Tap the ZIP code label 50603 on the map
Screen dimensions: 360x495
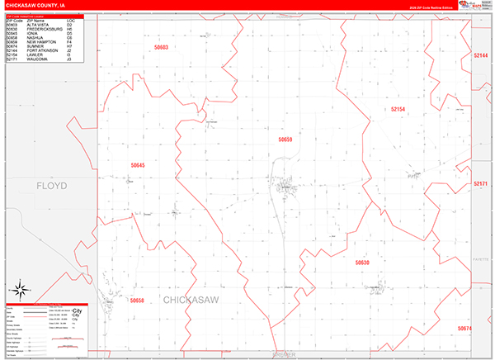point(160,47)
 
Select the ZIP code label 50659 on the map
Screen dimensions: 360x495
point(285,140)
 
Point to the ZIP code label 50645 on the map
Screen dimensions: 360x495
point(138,165)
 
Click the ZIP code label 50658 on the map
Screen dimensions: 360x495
point(137,301)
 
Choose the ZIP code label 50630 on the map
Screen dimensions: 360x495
point(363,263)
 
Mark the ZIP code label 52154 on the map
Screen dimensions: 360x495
point(398,109)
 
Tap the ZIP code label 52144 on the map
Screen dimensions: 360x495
point(481,54)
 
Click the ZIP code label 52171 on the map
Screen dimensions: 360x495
point(481,183)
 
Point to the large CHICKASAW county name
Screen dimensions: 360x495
point(191,301)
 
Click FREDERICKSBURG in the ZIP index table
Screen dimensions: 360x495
point(45,29)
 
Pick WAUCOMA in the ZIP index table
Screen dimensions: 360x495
point(38,59)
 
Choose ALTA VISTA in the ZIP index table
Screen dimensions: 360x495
point(38,25)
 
